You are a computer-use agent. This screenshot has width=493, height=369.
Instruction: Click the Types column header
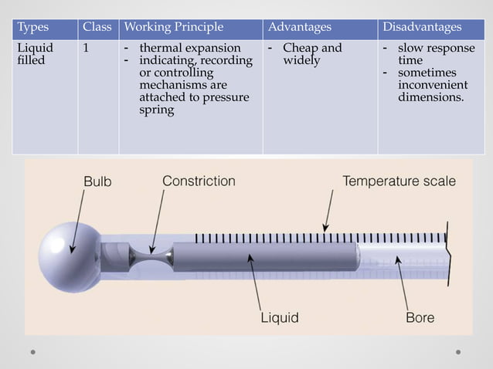[x=32, y=28]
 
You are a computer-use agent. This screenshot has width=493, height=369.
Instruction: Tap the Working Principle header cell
[x=174, y=28]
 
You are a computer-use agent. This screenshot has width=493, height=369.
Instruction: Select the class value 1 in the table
[x=87, y=48]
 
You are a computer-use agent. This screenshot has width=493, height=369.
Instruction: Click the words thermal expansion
[x=189, y=48]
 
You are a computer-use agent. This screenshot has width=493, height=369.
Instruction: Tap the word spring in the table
[x=156, y=110]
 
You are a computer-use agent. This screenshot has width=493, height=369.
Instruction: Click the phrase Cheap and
[x=311, y=48]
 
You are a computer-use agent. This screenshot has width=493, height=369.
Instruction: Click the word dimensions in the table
[x=431, y=98]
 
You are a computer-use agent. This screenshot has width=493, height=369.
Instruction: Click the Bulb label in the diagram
[x=97, y=182]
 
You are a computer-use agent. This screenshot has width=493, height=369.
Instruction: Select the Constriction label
[x=199, y=181]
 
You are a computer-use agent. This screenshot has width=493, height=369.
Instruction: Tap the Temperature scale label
[x=399, y=181]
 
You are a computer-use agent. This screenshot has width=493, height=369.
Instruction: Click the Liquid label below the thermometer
[x=279, y=317]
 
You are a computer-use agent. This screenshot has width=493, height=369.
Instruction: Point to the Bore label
[x=420, y=317]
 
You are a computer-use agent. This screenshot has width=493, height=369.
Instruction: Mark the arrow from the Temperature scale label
[x=329, y=210]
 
